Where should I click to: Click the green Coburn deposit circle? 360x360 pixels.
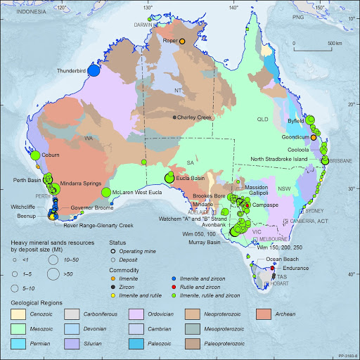pyautogui.click(x=34, y=155)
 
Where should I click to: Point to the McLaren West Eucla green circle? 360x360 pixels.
pyautogui.click(x=105, y=192)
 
